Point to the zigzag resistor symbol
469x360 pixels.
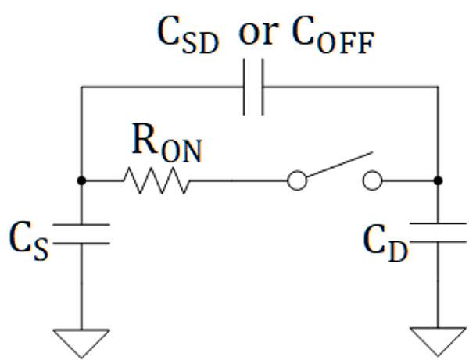[x=155, y=181]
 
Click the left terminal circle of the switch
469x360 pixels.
[x=296, y=181]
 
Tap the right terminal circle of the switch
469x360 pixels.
[x=373, y=181]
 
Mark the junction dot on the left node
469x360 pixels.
[x=81, y=181]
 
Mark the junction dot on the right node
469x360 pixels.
[x=439, y=181]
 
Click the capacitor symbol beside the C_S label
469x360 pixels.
[x=81, y=234]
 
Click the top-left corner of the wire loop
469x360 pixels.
[x=81, y=87]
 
